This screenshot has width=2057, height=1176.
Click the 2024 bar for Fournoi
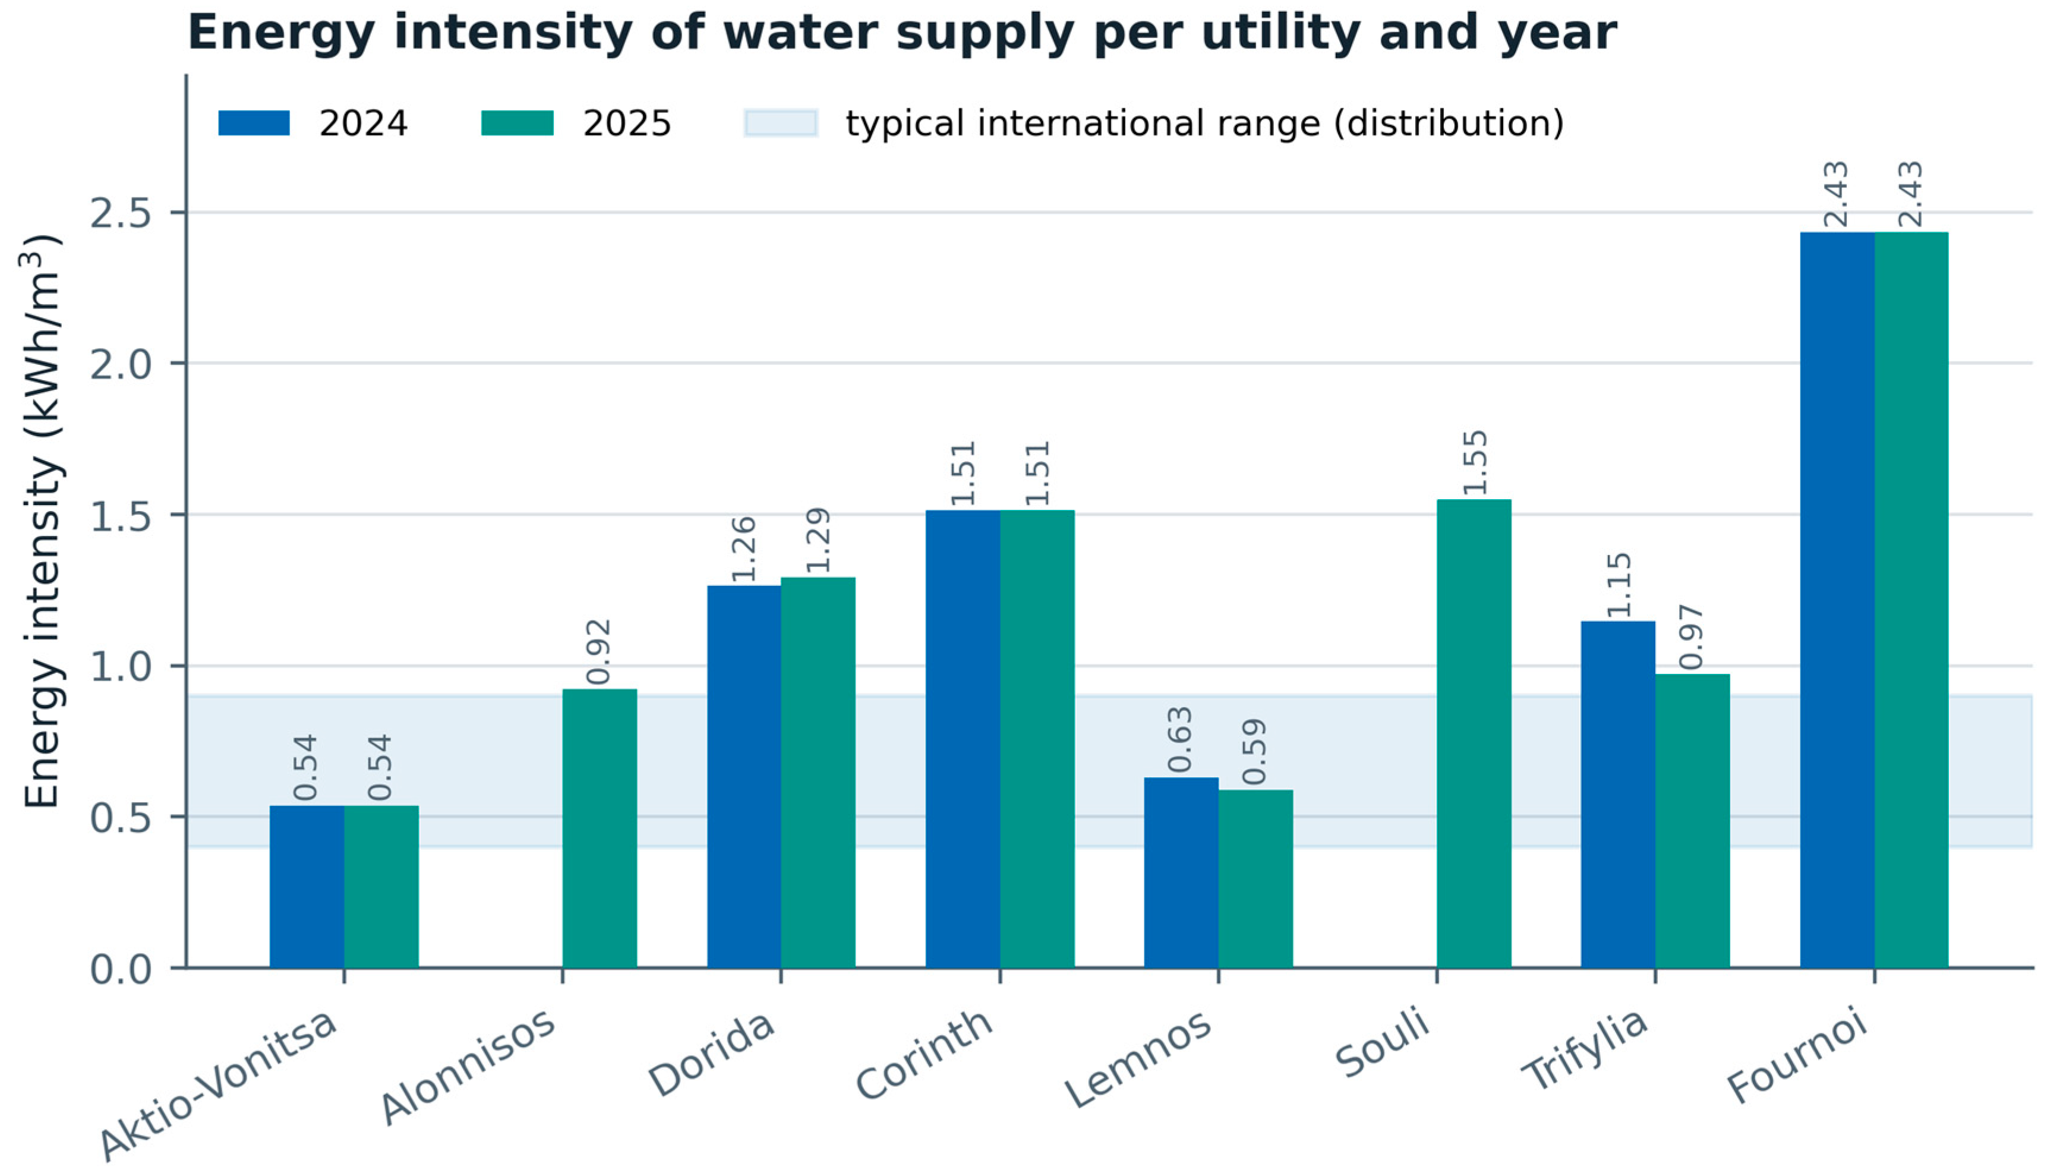pyautogui.click(x=1837, y=600)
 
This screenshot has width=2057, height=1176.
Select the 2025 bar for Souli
pyautogui.click(x=1474, y=733)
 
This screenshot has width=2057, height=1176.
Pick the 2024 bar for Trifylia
pyautogui.click(x=1619, y=794)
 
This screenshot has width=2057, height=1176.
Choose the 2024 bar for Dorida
pyautogui.click(x=744, y=777)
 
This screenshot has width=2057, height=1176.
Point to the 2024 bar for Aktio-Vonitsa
pyautogui.click(x=307, y=886)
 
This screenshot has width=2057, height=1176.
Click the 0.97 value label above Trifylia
pyautogui.click(x=1693, y=637)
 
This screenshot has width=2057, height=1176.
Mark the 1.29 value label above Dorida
pyautogui.click(x=818, y=540)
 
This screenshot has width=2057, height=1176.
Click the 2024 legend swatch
pyautogui.click(x=254, y=123)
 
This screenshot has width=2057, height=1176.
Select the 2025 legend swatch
pyautogui.click(x=518, y=123)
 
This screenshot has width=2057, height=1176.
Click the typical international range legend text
pyautogui.click(x=1205, y=124)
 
